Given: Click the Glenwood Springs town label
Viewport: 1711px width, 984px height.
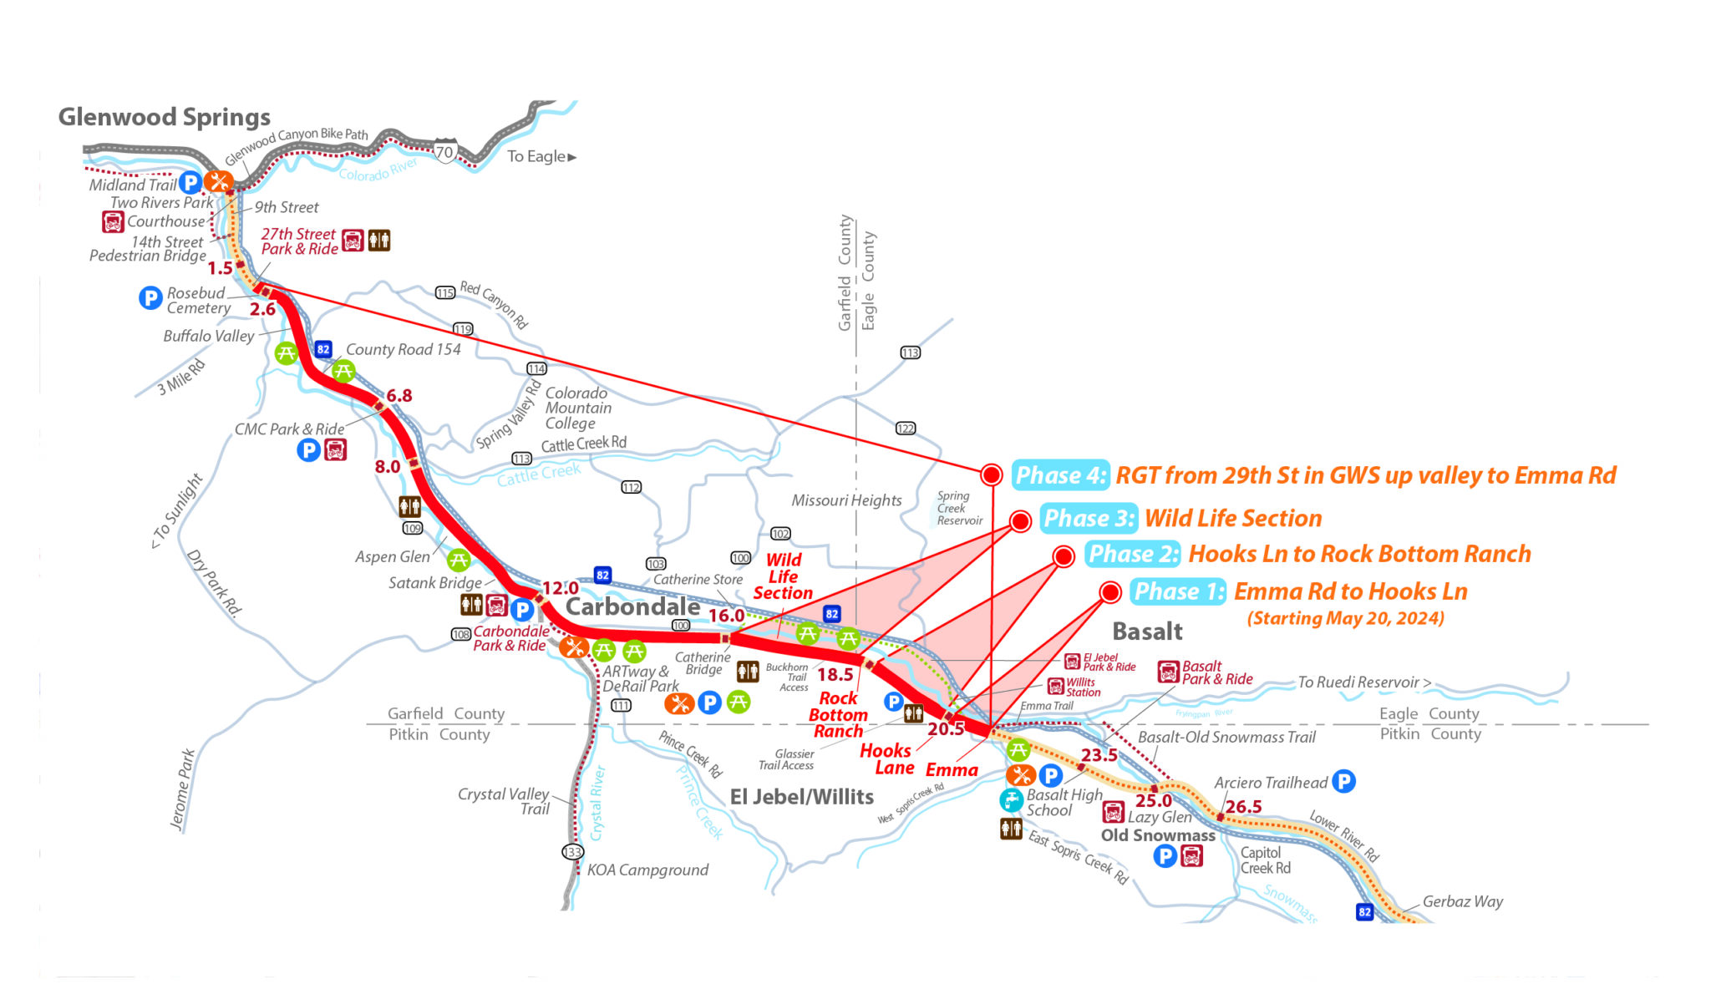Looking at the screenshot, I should (164, 117).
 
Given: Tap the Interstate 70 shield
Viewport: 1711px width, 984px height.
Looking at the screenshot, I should (444, 152).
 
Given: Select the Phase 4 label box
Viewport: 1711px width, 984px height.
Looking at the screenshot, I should (1060, 475).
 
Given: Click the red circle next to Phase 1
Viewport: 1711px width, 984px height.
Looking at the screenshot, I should (1109, 592).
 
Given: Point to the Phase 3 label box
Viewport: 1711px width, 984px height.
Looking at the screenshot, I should (1089, 519).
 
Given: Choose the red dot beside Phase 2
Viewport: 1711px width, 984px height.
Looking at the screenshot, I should (1063, 556).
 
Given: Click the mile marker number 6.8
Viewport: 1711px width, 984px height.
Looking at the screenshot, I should (399, 395).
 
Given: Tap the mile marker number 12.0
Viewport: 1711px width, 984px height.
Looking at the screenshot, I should (561, 588).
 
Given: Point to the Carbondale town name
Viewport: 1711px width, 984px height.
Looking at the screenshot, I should (632, 606).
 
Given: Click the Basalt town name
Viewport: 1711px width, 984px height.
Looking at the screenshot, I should (1147, 631).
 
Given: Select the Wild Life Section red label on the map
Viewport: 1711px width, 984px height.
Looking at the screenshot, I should (783, 576).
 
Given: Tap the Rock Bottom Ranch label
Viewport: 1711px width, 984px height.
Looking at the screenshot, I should (838, 715).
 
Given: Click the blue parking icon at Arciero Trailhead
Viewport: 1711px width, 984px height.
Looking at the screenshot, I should (1343, 781).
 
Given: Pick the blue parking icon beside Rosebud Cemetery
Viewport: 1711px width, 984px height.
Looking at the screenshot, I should (150, 297).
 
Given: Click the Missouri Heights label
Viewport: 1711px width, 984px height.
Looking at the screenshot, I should (846, 500).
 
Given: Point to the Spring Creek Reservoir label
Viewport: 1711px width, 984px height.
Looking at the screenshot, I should (958, 508).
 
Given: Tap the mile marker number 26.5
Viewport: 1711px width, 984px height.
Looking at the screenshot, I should (1243, 807).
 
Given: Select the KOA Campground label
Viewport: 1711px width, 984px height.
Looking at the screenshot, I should (647, 870).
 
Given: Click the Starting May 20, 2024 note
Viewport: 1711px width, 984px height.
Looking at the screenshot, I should (1345, 618).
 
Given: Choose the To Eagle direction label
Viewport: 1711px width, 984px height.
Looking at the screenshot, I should (541, 156).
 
